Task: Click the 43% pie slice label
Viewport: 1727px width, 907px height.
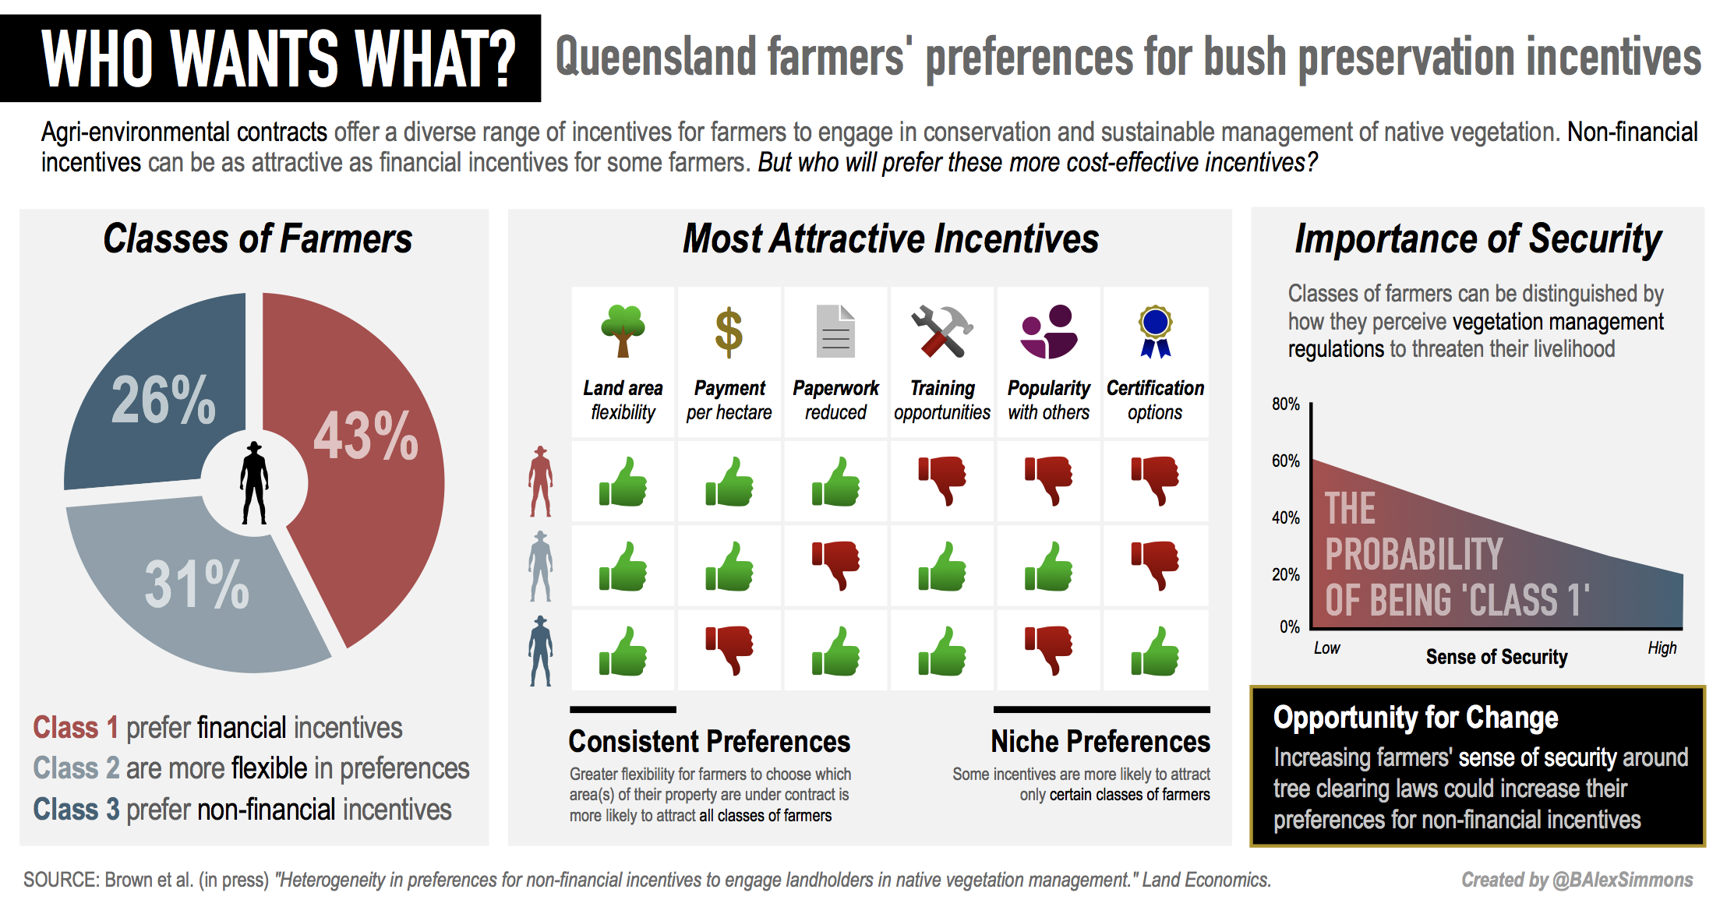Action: pyautogui.click(x=366, y=436)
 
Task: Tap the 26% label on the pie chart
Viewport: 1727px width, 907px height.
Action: pyautogui.click(x=164, y=401)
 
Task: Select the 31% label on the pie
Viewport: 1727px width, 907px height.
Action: pyautogui.click(x=196, y=584)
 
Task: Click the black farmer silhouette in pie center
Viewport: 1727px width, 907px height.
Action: pyautogui.click(x=253, y=483)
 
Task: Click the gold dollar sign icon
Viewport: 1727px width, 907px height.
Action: pyautogui.click(x=729, y=332)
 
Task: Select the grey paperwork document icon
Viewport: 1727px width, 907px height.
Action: pyautogui.click(x=835, y=331)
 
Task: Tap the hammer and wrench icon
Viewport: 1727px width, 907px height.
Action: pyautogui.click(x=941, y=331)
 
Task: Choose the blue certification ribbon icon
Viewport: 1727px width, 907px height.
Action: pyautogui.click(x=1155, y=331)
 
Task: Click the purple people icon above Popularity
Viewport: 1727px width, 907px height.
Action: pyautogui.click(x=1049, y=331)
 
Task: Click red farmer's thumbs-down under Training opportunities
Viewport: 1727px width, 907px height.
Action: pyautogui.click(x=942, y=480)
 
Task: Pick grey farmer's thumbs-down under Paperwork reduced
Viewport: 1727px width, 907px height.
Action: pyautogui.click(x=835, y=565)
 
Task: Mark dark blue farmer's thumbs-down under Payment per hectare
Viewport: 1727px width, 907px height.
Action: pyautogui.click(x=729, y=649)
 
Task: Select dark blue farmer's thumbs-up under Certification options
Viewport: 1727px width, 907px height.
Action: pyautogui.click(x=1155, y=651)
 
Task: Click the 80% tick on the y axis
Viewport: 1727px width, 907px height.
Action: pyautogui.click(x=1285, y=404)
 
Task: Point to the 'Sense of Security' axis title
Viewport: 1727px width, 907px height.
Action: pyautogui.click(x=1496, y=657)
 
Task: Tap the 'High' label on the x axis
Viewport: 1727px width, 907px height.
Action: pyautogui.click(x=1662, y=648)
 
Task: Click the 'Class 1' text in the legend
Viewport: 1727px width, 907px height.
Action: pyautogui.click(x=75, y=728)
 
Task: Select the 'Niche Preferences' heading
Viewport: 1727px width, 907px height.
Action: pyautogui.click(x=1100, y=741)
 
